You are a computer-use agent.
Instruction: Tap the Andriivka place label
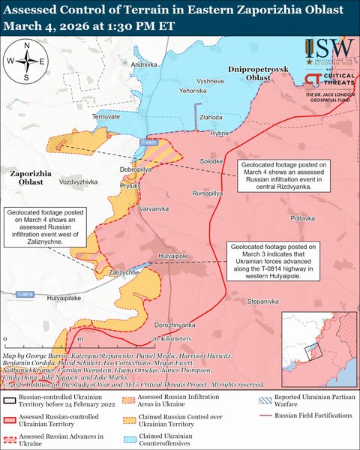coord(145,66)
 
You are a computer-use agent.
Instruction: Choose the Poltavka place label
coord(303,217)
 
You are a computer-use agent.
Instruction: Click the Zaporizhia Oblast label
coord(32,177)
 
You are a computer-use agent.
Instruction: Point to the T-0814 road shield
coord(23,295)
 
